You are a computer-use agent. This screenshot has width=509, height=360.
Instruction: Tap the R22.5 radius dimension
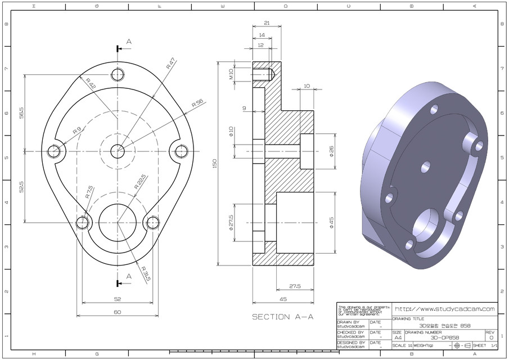[x=139, y=182]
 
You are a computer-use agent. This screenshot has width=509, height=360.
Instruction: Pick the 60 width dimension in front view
[x=117, y=312]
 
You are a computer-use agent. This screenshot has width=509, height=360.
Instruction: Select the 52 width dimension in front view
[x=117, y=299]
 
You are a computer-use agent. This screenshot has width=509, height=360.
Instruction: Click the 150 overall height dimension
[x=214, y=163]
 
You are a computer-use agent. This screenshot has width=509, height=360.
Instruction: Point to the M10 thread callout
[x=231, y=74]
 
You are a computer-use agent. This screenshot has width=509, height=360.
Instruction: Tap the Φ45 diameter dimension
[x=331, y=223]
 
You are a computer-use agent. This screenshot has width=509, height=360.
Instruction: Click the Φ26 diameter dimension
[x=331, y=151]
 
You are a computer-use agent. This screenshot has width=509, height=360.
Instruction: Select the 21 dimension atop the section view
[x=267, y=23]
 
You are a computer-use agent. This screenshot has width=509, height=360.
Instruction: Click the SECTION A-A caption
[x=282, y=317]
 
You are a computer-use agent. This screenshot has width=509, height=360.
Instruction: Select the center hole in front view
[x=118, y=150]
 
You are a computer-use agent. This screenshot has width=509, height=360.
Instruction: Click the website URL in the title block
[x=444, y=309]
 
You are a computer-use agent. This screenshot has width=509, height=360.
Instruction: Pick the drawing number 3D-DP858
[x=444, y=337]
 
